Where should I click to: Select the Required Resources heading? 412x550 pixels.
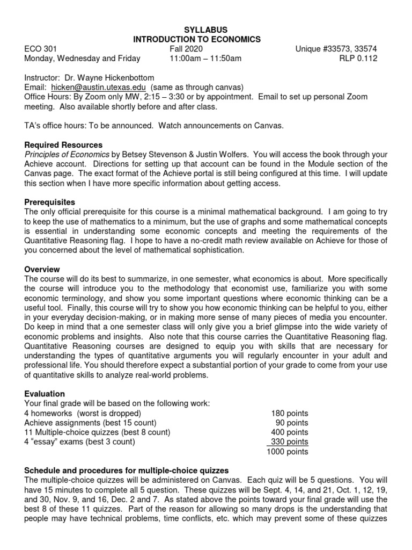(x=63, y=145)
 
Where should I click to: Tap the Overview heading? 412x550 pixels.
(x=42, y=270)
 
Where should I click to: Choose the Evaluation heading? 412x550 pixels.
(x=45, y=394)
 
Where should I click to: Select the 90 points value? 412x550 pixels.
(x=292, y=423)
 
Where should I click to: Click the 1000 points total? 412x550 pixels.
(x=288, y=452)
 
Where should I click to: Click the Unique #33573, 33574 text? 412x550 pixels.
(x=336, y=49)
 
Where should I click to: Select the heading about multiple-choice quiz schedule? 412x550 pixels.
(x=127, y=471)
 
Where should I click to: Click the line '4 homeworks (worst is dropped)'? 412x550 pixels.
(x=83, y=413)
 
